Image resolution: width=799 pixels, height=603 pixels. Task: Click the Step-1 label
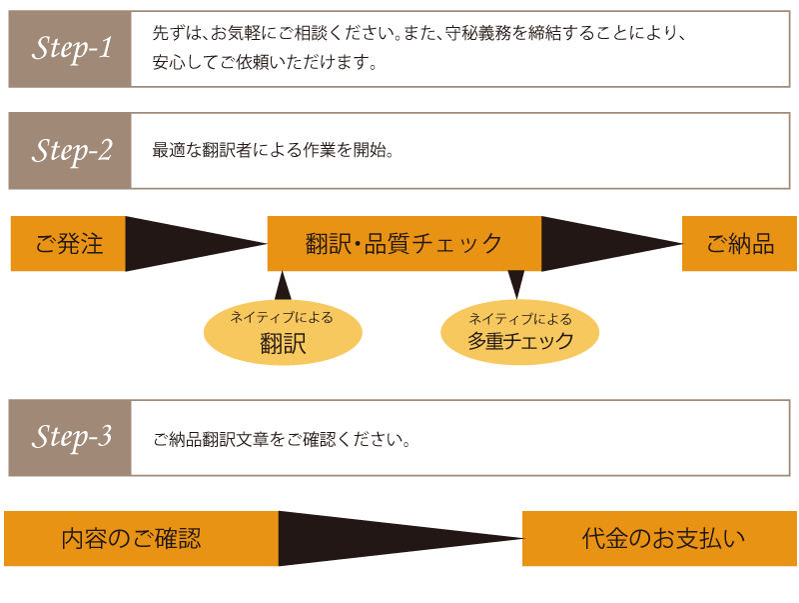[71, 49]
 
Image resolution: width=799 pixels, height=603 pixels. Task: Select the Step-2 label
[71, 151]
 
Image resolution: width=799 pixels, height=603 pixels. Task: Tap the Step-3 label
[71, 438]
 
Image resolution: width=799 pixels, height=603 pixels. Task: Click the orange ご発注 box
[68, 244]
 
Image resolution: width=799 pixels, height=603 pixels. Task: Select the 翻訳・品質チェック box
[403, 244]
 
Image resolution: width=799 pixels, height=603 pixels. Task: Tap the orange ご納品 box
[739, 244]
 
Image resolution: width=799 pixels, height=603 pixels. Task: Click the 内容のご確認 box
[141, 539]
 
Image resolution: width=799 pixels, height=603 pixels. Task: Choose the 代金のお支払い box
[659, 539]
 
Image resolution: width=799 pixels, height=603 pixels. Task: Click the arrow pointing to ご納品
[599, 244]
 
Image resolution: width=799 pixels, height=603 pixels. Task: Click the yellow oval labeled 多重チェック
[519, 332]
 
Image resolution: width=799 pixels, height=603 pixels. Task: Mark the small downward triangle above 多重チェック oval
[516, 283]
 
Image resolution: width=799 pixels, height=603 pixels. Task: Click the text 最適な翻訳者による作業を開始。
[275, 152]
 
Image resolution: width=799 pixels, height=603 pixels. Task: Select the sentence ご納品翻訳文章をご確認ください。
[283, 439]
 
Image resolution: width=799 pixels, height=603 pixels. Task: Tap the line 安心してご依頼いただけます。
[265, 64]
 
